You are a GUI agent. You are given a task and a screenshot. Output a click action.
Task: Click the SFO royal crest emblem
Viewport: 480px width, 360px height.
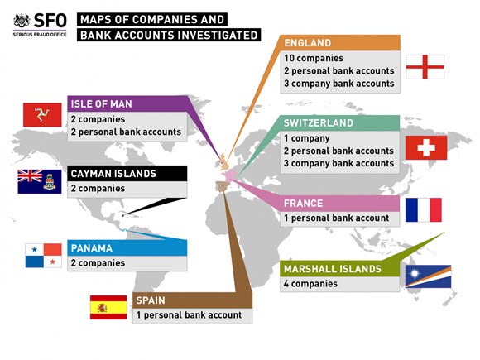22,21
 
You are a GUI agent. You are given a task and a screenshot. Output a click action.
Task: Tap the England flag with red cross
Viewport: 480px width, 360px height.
425,67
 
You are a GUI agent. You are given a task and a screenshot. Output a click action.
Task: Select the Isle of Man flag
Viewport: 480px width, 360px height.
42,115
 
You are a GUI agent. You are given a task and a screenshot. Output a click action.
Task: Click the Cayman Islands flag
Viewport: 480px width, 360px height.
40,181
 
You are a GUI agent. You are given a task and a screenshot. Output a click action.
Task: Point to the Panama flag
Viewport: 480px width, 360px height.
44,256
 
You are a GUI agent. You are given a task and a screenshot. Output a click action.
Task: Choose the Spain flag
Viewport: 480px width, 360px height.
108,307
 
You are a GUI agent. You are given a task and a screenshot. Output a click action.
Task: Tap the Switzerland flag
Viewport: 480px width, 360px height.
426,148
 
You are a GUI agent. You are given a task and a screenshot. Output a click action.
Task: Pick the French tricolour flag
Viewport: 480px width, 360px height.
424,210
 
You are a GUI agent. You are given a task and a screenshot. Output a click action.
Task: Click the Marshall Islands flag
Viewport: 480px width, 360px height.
428,276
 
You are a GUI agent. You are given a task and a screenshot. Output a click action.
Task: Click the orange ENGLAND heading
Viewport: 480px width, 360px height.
308,43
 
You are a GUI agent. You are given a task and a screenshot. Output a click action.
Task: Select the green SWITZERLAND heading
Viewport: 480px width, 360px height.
319,123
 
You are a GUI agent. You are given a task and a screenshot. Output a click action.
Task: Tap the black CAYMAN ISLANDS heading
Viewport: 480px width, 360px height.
113,174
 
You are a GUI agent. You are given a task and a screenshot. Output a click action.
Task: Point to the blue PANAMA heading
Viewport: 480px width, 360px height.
92,248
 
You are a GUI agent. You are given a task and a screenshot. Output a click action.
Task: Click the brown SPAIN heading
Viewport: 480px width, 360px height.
151,300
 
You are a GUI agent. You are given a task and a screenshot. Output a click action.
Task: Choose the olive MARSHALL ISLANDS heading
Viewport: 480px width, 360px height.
333,269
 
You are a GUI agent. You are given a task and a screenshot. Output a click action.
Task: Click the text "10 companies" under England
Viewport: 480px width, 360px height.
314,58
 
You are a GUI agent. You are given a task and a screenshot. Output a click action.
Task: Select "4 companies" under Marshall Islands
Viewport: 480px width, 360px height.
310,284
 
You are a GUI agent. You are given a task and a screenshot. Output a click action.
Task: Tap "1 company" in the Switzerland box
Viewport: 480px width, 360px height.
307,138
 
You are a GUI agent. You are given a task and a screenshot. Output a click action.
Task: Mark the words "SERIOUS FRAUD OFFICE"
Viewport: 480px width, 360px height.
40,35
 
